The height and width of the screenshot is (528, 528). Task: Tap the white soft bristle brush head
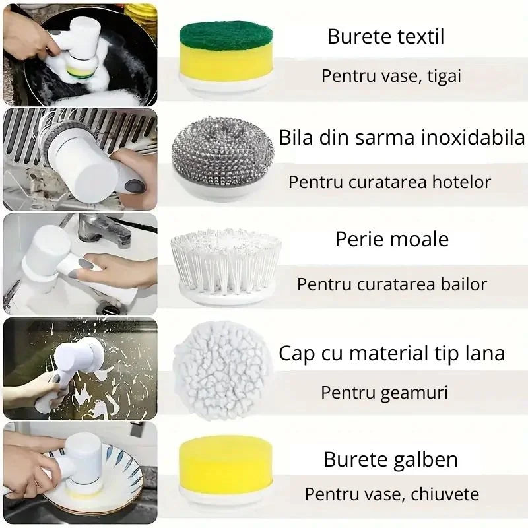point(226,264)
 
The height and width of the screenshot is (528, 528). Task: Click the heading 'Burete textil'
point(385,36)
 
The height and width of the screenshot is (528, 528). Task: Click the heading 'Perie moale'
point(391,239)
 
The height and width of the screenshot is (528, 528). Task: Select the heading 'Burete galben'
point(391,459)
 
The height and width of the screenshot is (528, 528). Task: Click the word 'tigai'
point(440,76)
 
